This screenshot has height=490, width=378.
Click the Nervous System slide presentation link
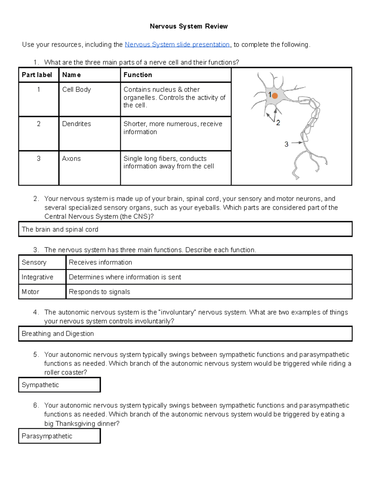click(177, 44)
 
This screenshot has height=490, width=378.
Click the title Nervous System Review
click(188, 26)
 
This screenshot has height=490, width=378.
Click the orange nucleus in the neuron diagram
click(275, 96)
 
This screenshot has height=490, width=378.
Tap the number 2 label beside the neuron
click(278, 123)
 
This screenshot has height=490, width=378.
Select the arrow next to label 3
click(297, 143)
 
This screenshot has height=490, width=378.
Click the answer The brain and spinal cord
click(60, 229)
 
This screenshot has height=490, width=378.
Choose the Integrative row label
click(37, 277)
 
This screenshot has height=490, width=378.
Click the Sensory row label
click(34, 263)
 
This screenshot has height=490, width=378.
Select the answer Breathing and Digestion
click(58, 334)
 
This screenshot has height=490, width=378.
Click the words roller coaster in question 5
click(66, 373)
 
